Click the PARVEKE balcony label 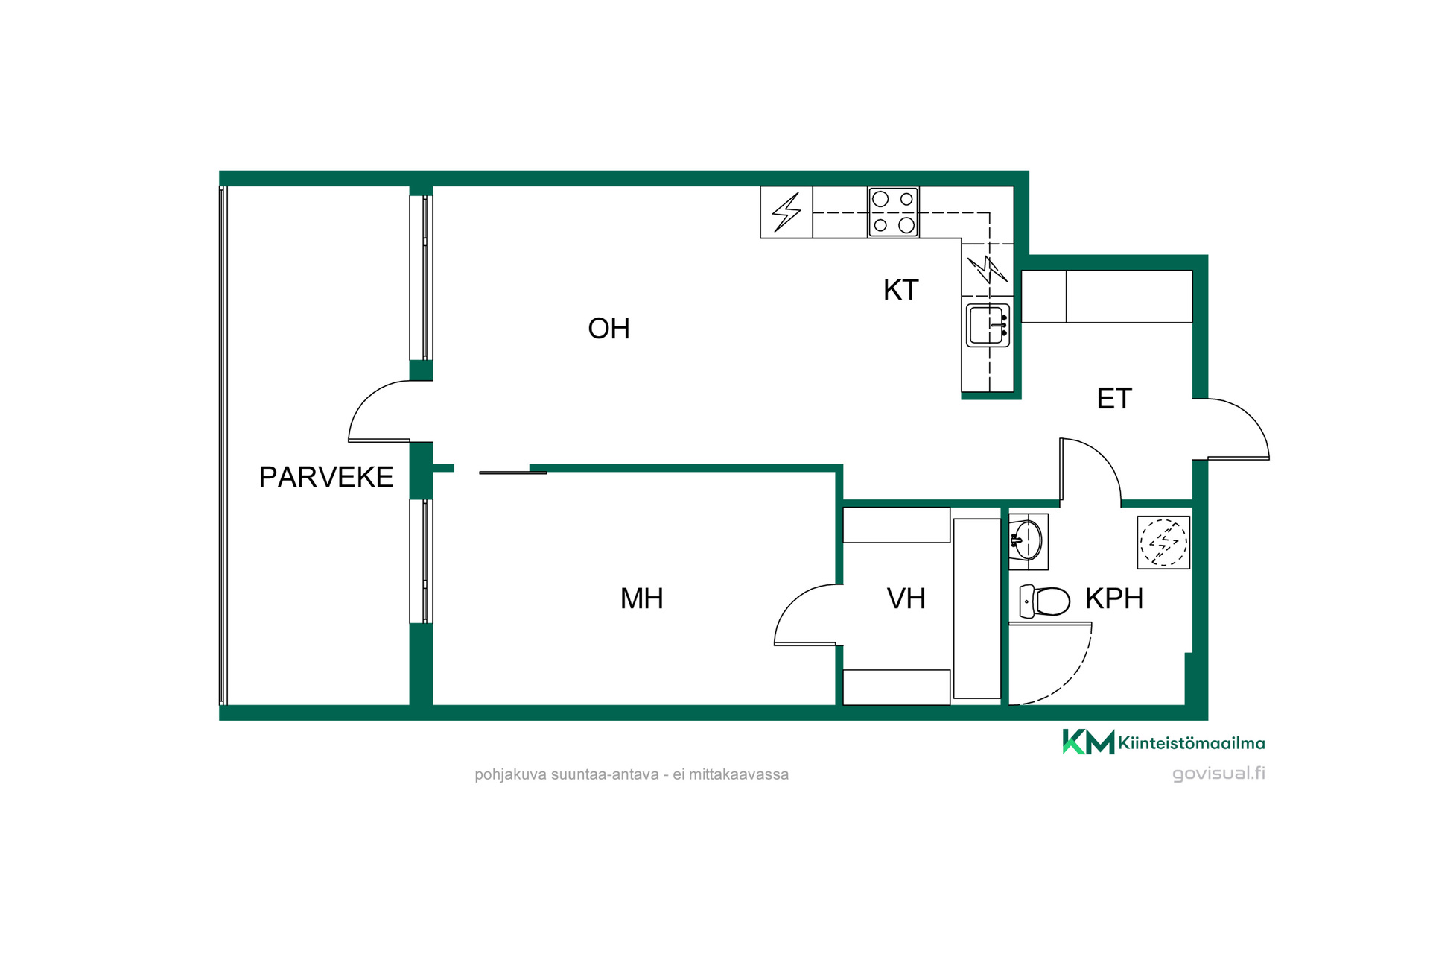[x=326, y=477]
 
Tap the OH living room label [x=608, y=329]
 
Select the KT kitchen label [x=900, y=290]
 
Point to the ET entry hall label [x=1114, y=399]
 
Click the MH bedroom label [x=641, y=598]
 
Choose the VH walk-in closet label [x=906, y=598]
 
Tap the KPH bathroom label [x=1113, y=598]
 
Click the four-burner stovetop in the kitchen [x=893, y=212]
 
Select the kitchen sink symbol [x=988, y=325]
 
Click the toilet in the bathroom [x=1044, y=601]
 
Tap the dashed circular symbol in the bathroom [x=1163, y=542]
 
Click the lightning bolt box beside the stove [x=786, y=212]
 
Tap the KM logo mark [x=1088, y=742]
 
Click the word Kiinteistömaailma [x=1191, y=743]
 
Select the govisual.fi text [x=1218, y=773]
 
